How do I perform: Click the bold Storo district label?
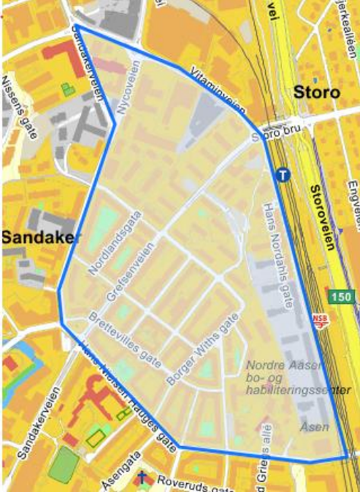point(316,92)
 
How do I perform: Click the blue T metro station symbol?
point(283,175)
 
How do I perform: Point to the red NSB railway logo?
point(320,319)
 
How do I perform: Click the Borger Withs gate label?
point(203,350)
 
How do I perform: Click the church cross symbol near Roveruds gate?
point(143,477)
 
